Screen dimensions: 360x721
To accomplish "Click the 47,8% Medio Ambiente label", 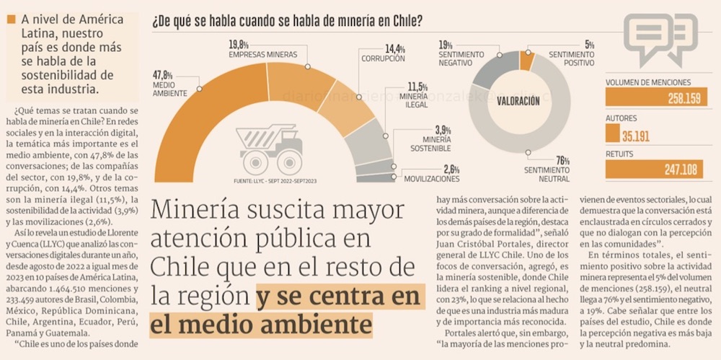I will point(170,84).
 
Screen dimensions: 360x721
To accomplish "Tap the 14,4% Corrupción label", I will point(383,53).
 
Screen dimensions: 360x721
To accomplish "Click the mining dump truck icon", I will point(271,149).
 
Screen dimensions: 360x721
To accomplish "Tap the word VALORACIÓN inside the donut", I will point(518,102).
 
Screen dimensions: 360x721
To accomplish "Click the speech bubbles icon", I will point(660,36).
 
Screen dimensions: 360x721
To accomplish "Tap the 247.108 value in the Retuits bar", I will point(681,170).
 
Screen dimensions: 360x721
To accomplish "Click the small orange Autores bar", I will point(612,133).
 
